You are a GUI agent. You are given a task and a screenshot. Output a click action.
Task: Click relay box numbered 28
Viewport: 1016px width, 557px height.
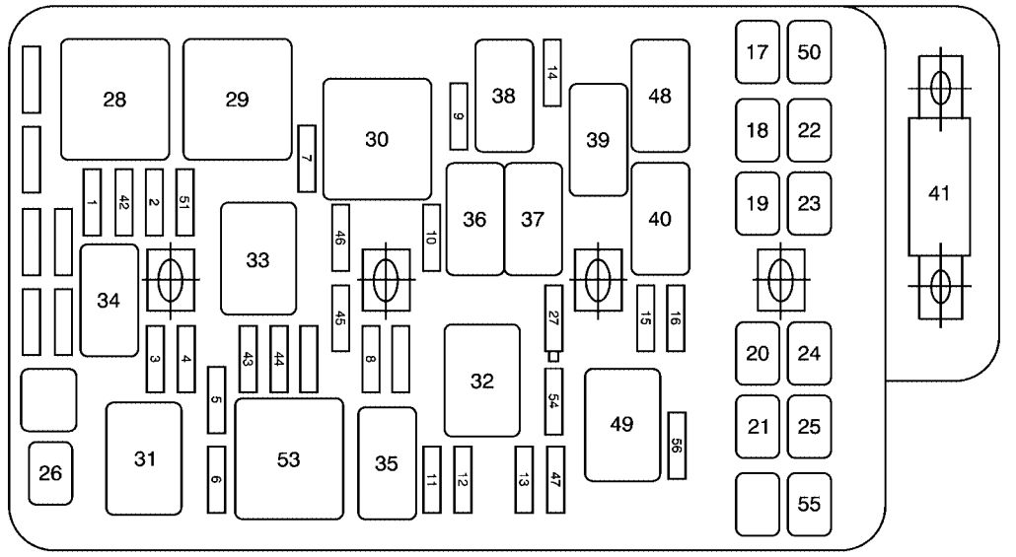pyautogui.click(x=115, y=100)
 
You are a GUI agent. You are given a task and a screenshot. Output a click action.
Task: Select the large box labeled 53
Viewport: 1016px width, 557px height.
pyautogui.click(x=289, y=459)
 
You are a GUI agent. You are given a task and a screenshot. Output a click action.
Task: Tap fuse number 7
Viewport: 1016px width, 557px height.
pyautogui.click(x=307, y=159)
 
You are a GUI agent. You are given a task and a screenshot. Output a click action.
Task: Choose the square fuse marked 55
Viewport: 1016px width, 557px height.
pyautogui.click(x=809, y=504)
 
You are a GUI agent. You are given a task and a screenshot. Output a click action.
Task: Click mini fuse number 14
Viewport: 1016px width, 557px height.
pyautogui.click(x=552, y=73)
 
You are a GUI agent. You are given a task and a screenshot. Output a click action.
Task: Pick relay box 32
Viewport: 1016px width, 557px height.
pyautogui.click(x=482, y=381)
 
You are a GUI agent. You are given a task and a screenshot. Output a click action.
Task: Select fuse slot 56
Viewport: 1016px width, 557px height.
pyautogui.click(x=677, y=446)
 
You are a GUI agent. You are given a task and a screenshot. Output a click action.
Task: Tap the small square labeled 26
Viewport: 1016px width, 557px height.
pyautogui.click(x=50, y=473)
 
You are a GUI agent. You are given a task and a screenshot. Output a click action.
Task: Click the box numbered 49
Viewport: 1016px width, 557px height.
pyautogui.click(x=622, y=426)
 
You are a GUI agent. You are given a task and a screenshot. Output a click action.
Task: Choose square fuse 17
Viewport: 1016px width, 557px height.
pyautogui.click(x=758, y=52)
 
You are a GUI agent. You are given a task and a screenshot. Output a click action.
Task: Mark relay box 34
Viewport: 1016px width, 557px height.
pyautogui.click(x=109, y=301)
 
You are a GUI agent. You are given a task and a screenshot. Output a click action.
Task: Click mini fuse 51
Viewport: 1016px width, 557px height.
pyautogui.click(x=184, y=203)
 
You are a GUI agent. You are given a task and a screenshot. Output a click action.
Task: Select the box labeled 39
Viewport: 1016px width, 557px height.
pyautogui.click(x=599, y=140)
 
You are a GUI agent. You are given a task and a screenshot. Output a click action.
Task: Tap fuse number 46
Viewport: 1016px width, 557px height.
pyautogui.click(x=341, y=238)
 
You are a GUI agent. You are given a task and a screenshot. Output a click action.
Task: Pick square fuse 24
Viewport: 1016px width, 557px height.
pyautogui.click(x=809, y=353)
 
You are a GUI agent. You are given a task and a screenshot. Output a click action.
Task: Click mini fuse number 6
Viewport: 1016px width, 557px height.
pyautogui.click(x=216, y=479)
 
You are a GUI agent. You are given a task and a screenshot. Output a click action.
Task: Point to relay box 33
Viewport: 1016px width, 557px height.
pyautogui.click(x=258, y=259)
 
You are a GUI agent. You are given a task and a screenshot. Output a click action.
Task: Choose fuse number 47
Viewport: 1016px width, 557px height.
pyautogui.click(x=555, y=479)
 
